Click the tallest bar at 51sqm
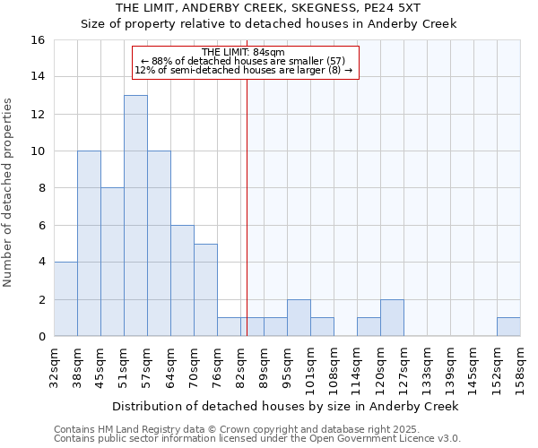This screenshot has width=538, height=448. coord(135,215)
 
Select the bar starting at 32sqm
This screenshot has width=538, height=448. coord(65,299)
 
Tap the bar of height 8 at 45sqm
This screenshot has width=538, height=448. coord(112,262)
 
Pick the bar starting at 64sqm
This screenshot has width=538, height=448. coord(182,280)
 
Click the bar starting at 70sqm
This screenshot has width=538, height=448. coord(205,289)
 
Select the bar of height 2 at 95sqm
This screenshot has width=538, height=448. coord(299,318)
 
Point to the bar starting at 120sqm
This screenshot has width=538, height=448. coord(392,318)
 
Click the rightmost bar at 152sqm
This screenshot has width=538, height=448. coord(508,327)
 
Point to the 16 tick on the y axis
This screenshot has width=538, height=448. coord(39,40)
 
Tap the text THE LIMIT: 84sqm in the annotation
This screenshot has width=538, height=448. coord(243,52)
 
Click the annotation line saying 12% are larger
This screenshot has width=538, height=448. coord(243,70)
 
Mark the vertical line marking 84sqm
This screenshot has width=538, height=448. coord(247,206)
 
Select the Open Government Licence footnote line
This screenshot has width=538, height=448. coord(257,439)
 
